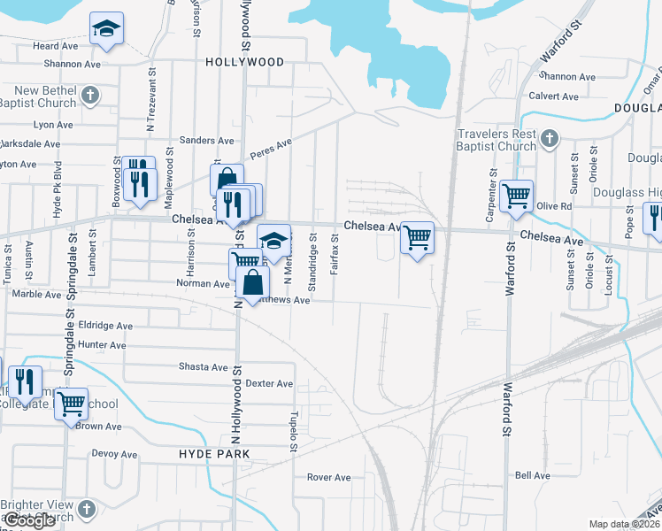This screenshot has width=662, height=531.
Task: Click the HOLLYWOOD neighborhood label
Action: [244, 62]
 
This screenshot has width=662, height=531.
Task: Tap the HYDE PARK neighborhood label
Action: [214, 453]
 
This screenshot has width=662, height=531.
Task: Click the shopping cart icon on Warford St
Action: [516, 196]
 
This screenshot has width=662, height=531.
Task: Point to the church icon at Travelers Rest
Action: [549, 138]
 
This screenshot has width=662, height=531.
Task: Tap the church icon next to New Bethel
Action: [89, 94]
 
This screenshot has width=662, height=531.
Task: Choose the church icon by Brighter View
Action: [86, 509]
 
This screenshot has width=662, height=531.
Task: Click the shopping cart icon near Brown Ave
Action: [71, 404]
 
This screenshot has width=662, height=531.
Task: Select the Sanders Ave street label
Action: [206, 141]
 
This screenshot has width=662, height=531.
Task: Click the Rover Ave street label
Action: [329, 477]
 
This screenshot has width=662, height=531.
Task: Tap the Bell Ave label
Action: [533, 475]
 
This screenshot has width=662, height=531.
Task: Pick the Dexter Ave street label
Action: [269, 383]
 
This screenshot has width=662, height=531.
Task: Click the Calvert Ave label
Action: [552, 96]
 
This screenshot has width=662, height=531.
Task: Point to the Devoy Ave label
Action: [114, 454]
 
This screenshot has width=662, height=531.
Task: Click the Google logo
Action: [30, 520]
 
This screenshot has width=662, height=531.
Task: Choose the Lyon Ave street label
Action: [52, 125]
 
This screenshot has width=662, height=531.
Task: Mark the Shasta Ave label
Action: [204, 366]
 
